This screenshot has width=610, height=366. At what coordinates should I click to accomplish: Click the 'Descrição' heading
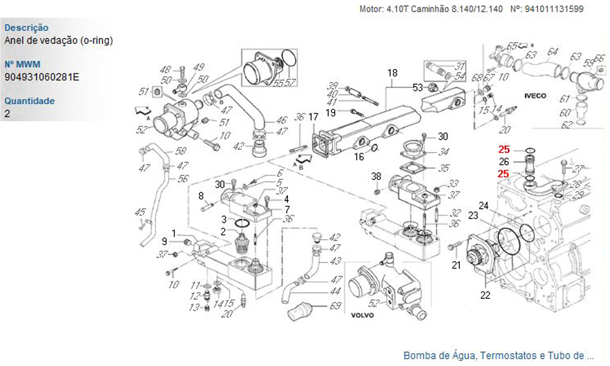tap(26, 27)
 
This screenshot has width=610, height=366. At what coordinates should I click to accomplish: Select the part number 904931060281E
tap(41, 77)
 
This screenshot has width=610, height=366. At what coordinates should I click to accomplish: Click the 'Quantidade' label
tap(29, 101)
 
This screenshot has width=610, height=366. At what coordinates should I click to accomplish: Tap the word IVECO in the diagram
tap(536, 96)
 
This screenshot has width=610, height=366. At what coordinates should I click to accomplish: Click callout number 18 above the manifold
tap(392, 73)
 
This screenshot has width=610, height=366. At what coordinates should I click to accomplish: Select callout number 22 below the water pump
tap(485, 296)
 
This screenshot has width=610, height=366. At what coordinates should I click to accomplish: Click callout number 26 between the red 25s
tap(504, 162)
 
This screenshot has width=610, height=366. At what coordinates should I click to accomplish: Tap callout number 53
tap(417, 88)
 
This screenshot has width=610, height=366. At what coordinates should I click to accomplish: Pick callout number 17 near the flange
tap(313, 117)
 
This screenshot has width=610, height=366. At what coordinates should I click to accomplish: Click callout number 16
tap(359, 157)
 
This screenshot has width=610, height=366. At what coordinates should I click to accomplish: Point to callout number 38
tap(376, 176)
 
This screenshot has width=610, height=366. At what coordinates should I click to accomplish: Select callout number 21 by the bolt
tap(456, 264)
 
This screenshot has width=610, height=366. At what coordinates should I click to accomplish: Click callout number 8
tap(200, 196)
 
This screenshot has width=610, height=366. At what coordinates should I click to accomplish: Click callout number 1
tap(174, 233)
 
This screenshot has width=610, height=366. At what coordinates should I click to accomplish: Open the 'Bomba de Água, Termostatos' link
tap(498, 355)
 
